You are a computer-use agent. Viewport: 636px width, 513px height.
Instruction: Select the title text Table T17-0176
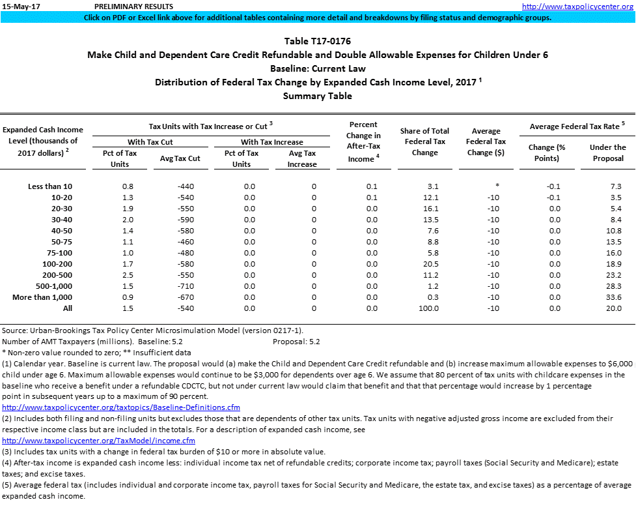pos(318,42)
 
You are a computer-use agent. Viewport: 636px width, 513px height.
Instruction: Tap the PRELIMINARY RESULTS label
pos(124,7)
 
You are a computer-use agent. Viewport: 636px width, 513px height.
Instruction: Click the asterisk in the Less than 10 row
pos(497,186)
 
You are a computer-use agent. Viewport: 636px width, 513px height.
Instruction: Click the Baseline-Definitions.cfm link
pos(122,407)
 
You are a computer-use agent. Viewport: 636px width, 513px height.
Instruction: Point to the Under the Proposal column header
pos(607,153)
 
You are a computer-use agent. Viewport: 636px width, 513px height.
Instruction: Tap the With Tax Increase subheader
pos(271,142)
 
